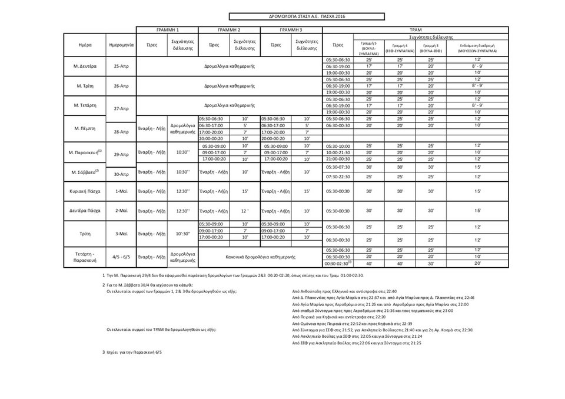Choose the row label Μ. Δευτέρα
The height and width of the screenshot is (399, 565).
tap(85, 66)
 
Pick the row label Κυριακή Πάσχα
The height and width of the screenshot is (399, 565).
tap(85, 191)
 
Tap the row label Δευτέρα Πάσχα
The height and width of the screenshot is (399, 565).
tap(85, 211)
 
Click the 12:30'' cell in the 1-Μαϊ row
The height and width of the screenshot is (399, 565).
tap(182, 191)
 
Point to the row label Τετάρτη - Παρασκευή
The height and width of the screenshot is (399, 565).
tap(85, 257)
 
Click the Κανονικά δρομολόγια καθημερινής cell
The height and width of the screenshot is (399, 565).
tap(260, 257)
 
